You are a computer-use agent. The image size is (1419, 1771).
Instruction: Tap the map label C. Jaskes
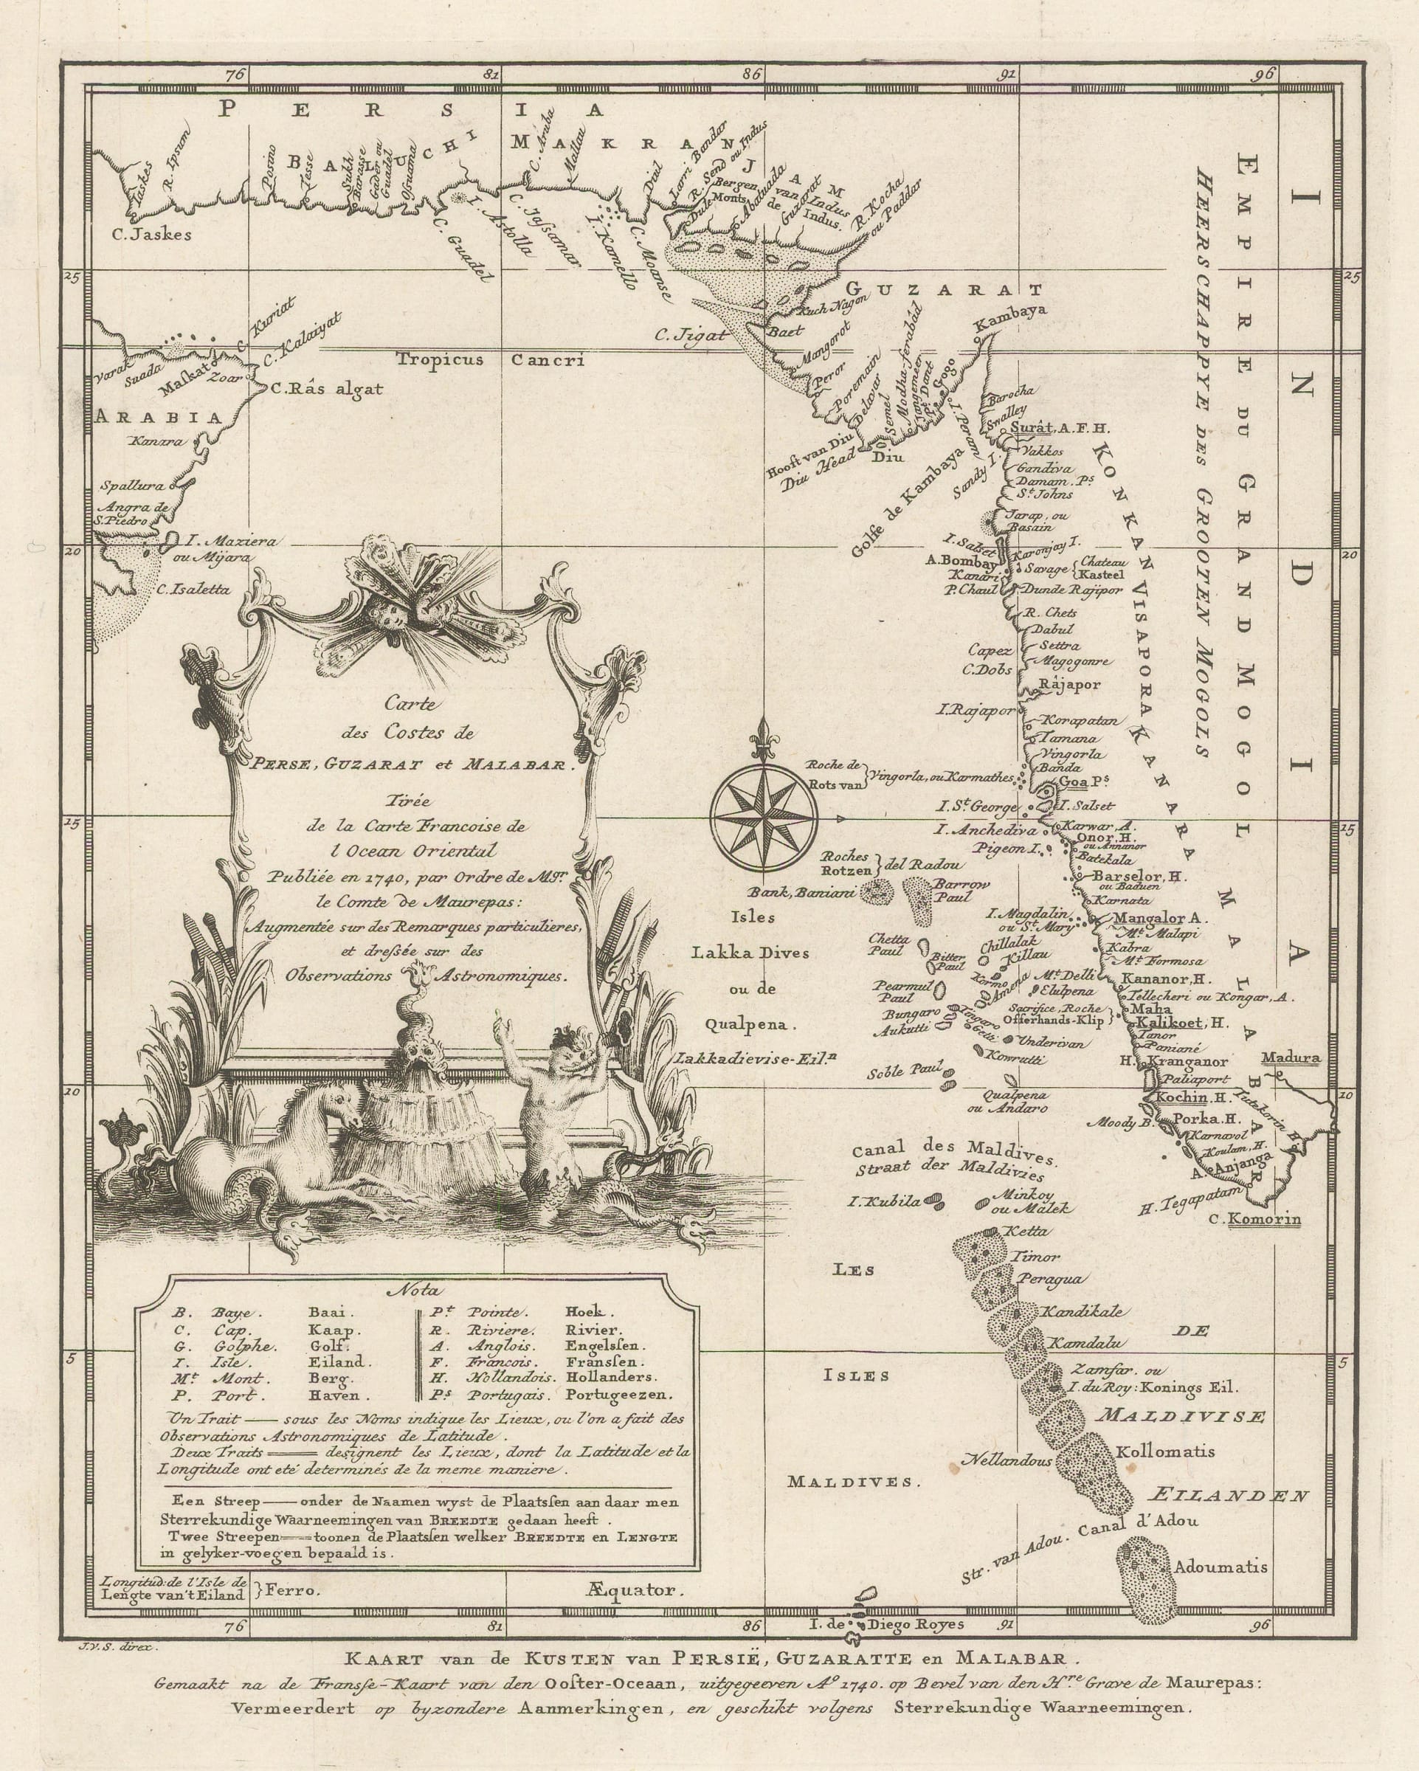(151, 234)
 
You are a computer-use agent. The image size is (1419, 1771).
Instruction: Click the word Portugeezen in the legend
(618, 1395)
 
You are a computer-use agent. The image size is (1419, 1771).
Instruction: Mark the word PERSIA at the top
(411, 108)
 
